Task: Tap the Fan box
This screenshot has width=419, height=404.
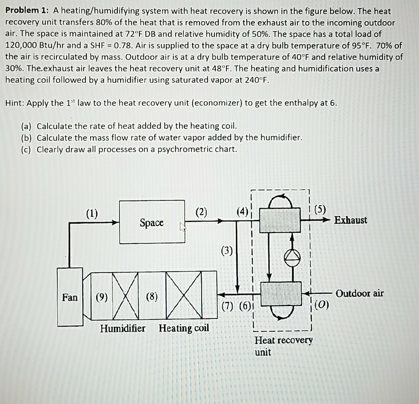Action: pyautogui.click(x=70, y=298)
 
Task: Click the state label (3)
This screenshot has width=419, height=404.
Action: pyautogui.click(x=226, y=252)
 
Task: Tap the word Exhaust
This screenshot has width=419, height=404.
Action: pyautogui.click(x=351, y=220)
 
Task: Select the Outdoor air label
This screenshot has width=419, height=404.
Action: pyautogui.click(x=360, y=293)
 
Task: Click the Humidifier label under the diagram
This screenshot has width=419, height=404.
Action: pyautogui.click(x=123, y=328)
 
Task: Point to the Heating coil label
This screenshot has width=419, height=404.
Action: pyautogui.click(x=184, y=328)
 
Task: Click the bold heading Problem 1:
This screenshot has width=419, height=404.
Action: pyautogui.click(x=27, y=11)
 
